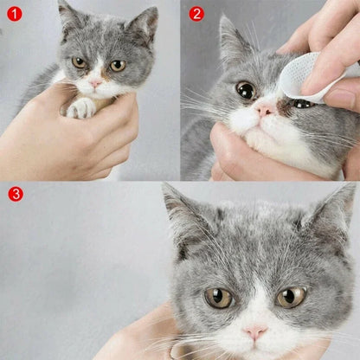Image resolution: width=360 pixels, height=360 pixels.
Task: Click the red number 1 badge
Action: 15,14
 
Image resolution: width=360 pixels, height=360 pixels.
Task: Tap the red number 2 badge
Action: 196,14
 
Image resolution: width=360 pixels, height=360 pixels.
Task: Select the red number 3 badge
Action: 15,194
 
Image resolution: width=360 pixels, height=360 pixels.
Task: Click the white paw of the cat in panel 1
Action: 82,107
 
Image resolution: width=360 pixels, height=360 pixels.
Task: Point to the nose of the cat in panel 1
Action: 95,80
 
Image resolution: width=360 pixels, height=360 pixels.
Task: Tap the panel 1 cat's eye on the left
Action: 79,62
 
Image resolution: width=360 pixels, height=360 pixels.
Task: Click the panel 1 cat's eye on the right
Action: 117,65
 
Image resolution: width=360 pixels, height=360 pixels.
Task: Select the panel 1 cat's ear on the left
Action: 67,15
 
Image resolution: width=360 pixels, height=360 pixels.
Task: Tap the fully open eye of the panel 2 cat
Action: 246,90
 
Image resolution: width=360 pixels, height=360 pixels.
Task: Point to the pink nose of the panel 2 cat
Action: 265,110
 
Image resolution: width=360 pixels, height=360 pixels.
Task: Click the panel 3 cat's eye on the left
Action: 218,298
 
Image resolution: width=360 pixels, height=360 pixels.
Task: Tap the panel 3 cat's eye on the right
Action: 291,297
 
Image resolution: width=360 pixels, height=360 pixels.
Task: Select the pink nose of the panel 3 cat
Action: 255,332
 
